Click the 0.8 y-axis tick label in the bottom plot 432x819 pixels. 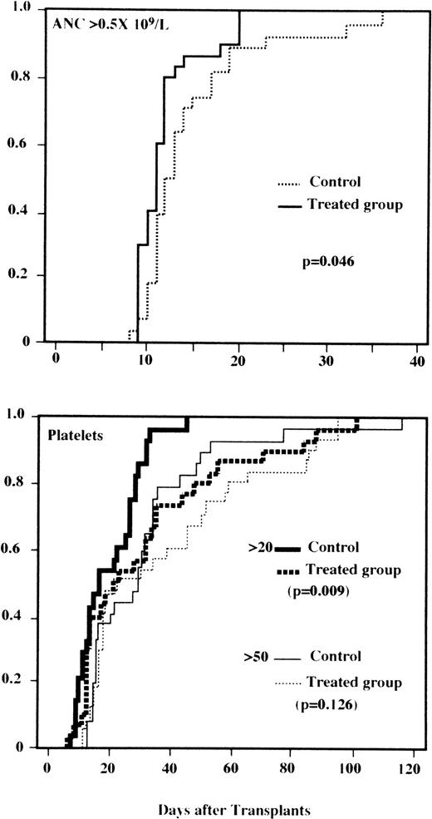pyautogui.click(x=22, y=483)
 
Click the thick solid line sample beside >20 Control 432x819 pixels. pyautogui.click(x=287, y=547)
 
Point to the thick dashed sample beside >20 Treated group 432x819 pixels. pyautogui.click(x=287, y=570)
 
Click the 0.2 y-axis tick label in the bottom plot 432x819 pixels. pyautogui.click(x=22, y=680)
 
